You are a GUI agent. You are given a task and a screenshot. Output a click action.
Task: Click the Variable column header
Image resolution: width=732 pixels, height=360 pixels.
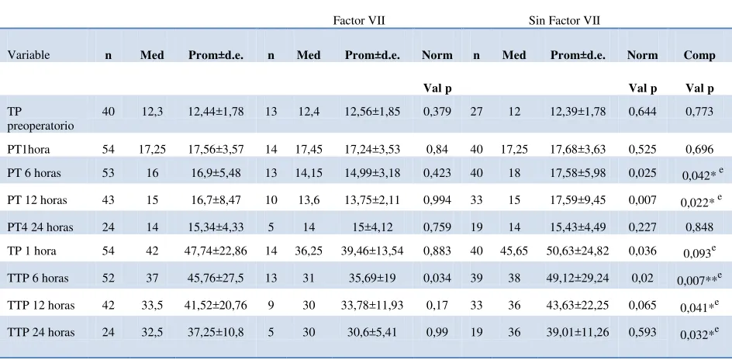click(x=29, y=55)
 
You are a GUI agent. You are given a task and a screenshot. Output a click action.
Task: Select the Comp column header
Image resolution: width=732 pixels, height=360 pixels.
click(x=699, y=55)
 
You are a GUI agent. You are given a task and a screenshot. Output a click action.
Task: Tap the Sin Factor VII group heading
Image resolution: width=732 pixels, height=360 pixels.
click(x=565, y=20)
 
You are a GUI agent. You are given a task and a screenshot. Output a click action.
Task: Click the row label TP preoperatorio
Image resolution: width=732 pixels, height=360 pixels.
click(x=40, y=119)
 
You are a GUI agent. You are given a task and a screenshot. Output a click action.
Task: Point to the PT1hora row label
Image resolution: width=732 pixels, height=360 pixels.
click(x=29, y=150)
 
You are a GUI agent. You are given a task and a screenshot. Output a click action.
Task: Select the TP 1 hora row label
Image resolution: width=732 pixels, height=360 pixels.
click(x=32, y=251)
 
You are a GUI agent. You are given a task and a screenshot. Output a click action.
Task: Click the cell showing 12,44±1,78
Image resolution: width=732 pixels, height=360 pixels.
click(x=216, y=112)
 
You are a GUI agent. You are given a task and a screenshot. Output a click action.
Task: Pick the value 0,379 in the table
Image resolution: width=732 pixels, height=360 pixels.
click(x=437, y=112)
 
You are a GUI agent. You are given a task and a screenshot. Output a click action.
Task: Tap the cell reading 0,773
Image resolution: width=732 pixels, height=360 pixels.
click(x=699, y=112)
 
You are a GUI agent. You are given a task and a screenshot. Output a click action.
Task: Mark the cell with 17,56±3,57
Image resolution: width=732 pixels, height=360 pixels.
click(x=216, y=150)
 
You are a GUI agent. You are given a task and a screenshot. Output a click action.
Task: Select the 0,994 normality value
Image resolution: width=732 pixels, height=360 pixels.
click(x=437, y=200)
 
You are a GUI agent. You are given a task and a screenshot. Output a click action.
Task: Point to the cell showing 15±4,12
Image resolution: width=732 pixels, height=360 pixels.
click(x=372, y=227)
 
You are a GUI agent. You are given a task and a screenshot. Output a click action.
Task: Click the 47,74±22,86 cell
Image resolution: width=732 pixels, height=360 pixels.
click(x=216, y=251)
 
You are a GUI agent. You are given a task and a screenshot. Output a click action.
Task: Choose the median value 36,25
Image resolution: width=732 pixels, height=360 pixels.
click(x=309, y=251)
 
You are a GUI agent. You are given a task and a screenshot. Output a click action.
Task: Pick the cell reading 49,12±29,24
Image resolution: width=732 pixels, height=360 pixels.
click(x=578, y=279)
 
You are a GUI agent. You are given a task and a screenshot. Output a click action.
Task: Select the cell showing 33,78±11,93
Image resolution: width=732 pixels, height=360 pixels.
click(x=372, y=306)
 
